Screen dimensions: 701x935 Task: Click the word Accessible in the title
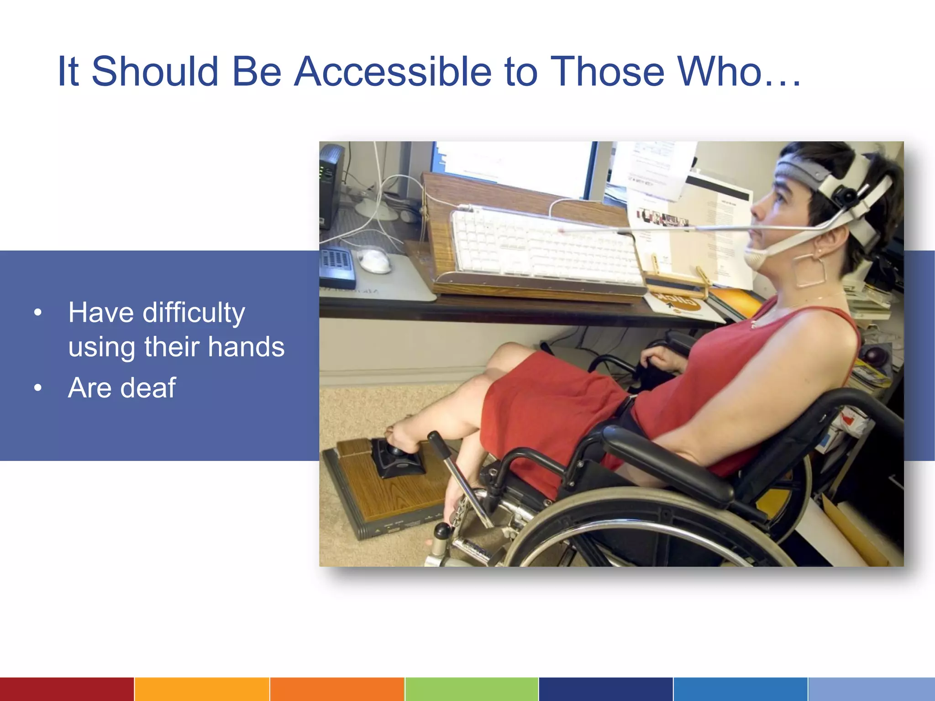[x=393, y=72]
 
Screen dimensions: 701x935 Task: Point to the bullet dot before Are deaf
[x=38, y=388]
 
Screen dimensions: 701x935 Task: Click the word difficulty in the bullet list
[x=194, y=314]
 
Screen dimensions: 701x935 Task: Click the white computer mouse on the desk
[x=374, y=260]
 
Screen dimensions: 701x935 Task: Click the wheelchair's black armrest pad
[x=667, y=461]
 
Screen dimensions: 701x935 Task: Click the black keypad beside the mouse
[x=336, y=267]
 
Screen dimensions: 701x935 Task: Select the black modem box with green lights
[x=330, y=185]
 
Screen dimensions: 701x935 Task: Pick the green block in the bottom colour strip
[x=471, y=689]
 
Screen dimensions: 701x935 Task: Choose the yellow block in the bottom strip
[x=202, y=689]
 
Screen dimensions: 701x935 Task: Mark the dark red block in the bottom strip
[x=67, y=689]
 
